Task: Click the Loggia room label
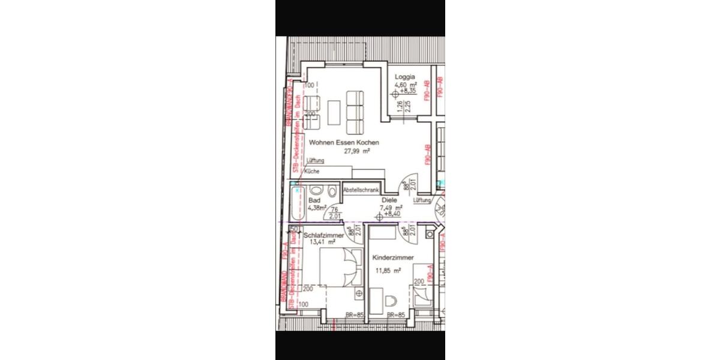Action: pos(405,77)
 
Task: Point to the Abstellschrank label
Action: pos(361,190)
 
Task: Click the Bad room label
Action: pos(314,200)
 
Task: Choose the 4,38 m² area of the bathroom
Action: pos(317,208)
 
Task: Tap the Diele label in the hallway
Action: pos(389,200)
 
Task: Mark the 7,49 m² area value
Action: pos(391,208)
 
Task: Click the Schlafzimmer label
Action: pos(324,236)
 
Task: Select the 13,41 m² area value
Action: pos(322,243)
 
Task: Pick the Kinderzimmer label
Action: pos(393,258)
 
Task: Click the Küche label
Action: pos(312,172)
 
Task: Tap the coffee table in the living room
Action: pos(335,110)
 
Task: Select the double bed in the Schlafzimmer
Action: pos(338,269)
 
